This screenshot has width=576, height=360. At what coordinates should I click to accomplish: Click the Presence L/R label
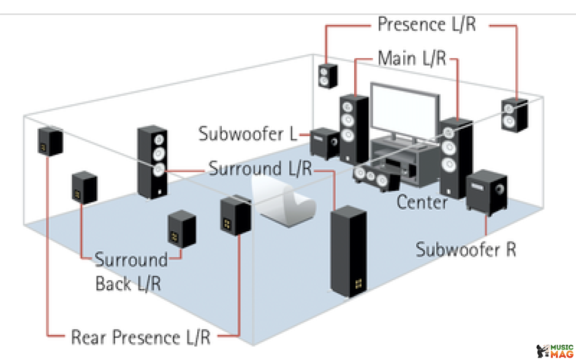click(427, 25)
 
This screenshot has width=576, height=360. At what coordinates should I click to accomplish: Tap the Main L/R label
click(412, 58)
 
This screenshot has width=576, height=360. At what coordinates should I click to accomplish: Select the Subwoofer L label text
click(248, 134)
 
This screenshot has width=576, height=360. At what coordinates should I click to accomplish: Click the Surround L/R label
click(260, 169)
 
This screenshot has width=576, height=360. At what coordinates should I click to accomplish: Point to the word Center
click(422, 202)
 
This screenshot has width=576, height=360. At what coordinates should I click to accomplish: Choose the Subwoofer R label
click(466, 250)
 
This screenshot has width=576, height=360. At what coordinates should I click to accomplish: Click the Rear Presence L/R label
click(141, 337)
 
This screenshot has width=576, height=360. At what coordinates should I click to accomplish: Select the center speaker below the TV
click(376, 178)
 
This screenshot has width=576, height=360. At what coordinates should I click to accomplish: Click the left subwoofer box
click(324, 143)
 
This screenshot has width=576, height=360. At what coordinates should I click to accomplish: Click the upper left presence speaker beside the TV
click(327, 76)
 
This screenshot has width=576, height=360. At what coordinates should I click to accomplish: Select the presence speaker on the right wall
click(515, 115)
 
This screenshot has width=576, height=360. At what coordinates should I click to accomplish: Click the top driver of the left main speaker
click(347, 107)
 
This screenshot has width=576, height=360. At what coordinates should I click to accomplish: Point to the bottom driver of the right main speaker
click(449, 164)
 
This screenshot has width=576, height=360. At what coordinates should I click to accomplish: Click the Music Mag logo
click(555, 351)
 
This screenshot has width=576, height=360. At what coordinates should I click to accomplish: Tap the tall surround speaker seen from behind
click(348, 251)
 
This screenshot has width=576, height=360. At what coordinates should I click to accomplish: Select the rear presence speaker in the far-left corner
click(50, 142)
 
